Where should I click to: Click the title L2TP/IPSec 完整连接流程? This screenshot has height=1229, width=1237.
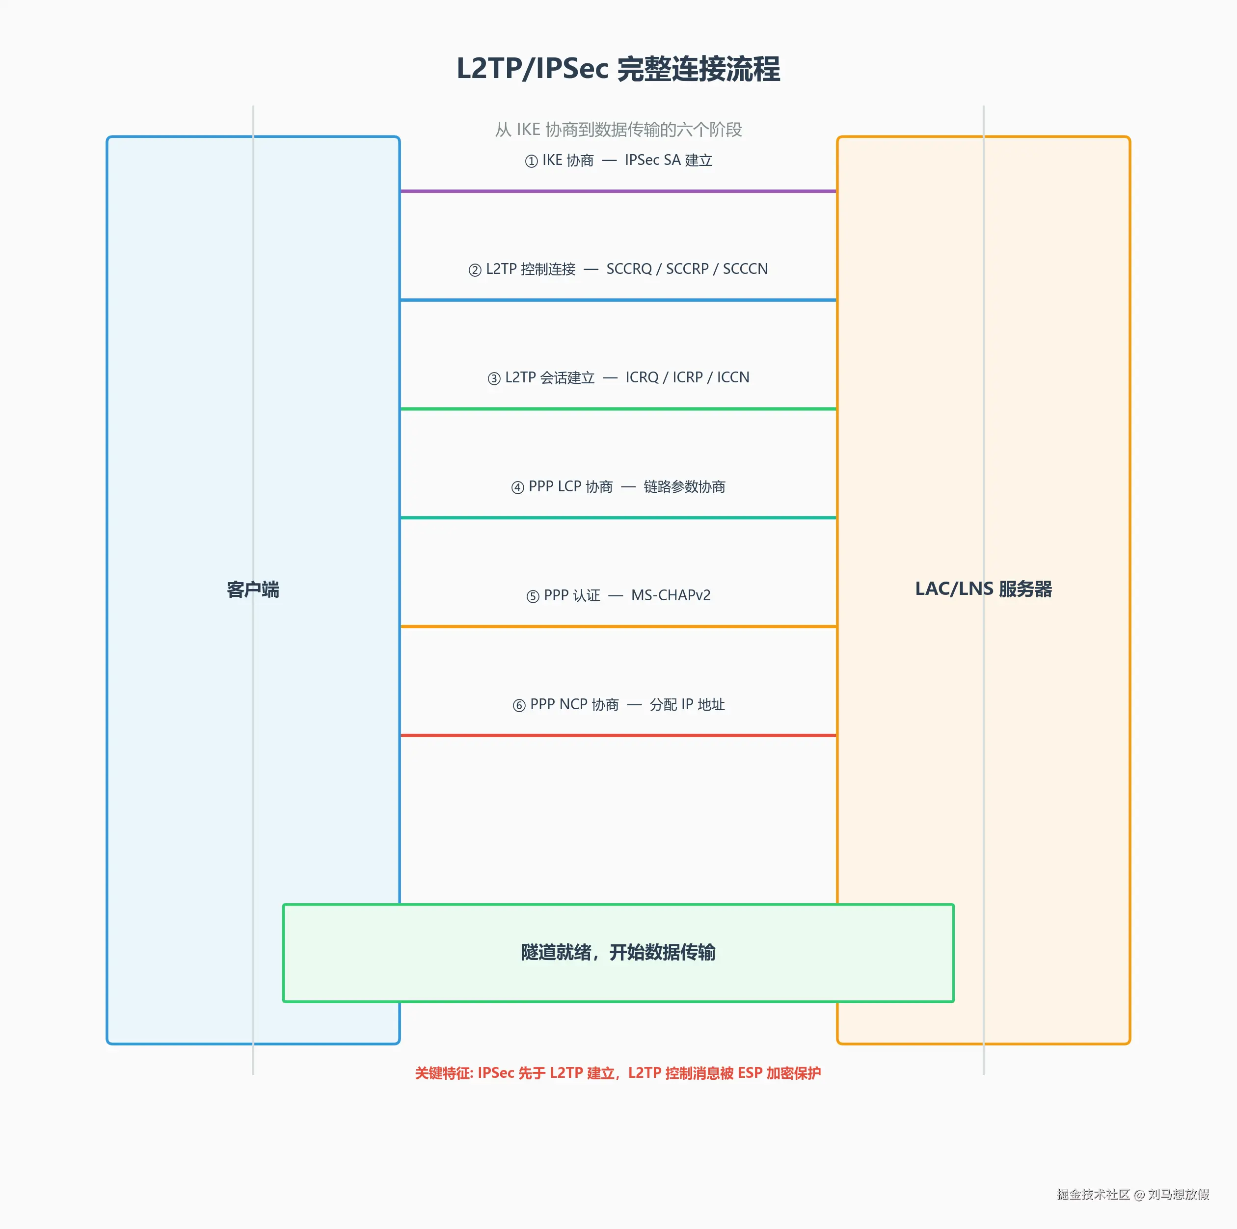618,69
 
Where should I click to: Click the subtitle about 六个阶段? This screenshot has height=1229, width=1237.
618,129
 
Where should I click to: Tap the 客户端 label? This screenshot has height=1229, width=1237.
253,589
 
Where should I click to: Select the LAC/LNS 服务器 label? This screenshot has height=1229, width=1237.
983,589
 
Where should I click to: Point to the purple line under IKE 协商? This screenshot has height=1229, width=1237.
618,191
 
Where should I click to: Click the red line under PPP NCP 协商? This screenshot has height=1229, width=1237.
618,735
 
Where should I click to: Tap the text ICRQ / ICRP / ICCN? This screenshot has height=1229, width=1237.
687,377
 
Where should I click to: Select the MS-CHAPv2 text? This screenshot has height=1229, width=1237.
671,595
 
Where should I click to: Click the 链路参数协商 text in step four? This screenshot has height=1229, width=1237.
684,487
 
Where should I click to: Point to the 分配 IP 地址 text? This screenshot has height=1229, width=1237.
687,705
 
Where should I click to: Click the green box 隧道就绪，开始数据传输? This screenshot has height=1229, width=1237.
618,953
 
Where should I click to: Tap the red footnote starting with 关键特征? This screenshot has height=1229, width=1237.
618,1073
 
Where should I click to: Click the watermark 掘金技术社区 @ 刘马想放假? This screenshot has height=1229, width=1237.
1132,1195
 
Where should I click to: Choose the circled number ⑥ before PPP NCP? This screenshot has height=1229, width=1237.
519,705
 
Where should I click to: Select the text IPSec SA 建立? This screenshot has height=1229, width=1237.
669,160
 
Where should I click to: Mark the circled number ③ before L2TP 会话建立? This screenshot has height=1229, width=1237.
494,379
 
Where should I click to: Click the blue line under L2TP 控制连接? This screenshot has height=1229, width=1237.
618,299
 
